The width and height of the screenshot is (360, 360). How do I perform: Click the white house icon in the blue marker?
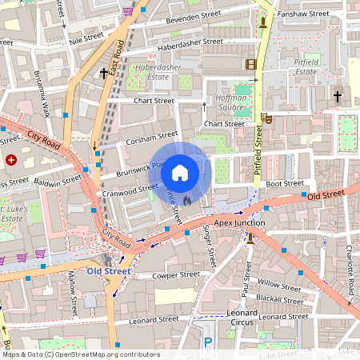(x=180, y=172)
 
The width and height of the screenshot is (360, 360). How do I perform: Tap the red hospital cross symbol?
(x=11, y=160)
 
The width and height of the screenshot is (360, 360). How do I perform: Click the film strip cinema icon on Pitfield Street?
(x=252, y=64)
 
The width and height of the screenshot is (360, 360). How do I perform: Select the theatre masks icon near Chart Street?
(x=266, y=118)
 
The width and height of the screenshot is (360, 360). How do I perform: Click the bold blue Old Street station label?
(x=109, y=271)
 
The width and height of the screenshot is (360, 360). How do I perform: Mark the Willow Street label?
(x=279, y=284)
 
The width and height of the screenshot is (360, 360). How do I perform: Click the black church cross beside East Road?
(x=104, y=74)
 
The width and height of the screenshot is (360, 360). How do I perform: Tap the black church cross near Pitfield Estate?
(x=338, y=97)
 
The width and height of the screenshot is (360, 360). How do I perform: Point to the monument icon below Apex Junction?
(x=250, y=237)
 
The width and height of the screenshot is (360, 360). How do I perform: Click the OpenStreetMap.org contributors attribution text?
(x=104, y=354)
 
